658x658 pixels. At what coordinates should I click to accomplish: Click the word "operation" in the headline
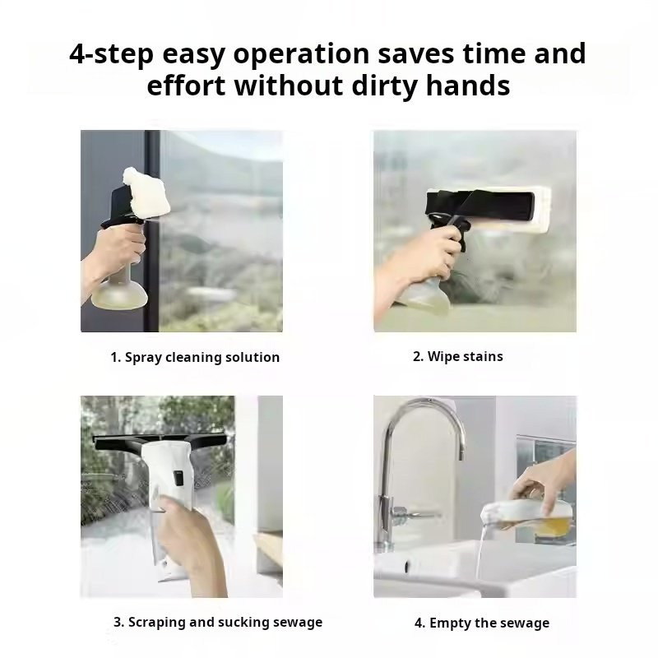point(301,53)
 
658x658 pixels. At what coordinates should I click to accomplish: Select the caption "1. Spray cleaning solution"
point(195,358)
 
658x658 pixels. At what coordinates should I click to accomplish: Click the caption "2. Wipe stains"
point(458,356)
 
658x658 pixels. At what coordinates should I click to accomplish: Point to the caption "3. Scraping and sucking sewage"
point(218,622)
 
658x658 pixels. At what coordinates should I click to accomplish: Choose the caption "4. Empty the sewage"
point(482,623)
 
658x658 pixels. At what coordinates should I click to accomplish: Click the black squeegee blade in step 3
point(160,441)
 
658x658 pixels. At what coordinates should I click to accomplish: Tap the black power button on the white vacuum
point(178,478)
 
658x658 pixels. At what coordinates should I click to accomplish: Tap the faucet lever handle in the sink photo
point(415,512)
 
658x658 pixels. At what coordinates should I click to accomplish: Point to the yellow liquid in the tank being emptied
point(550,526)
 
